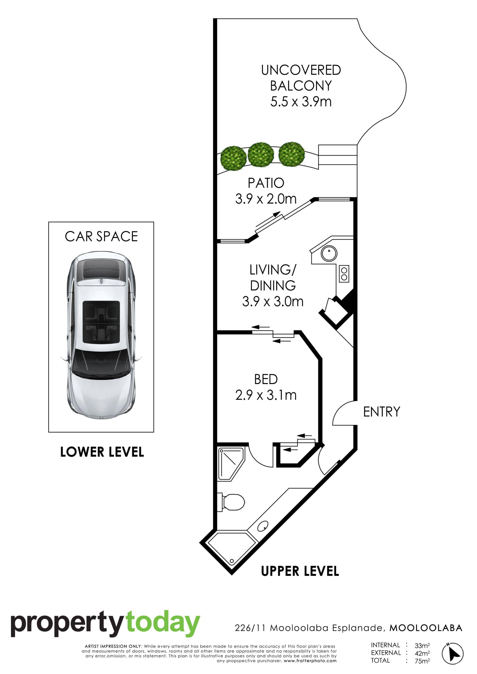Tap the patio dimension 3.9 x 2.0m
point(266,199)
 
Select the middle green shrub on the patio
point(261,155)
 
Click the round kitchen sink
point(329,253)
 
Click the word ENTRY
point(382,412)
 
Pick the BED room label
point(266,379)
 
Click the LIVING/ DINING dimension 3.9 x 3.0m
point(273,301)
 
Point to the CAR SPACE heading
point(101,237)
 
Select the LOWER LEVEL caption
point(102,452)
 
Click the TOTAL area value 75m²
point(422,661)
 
